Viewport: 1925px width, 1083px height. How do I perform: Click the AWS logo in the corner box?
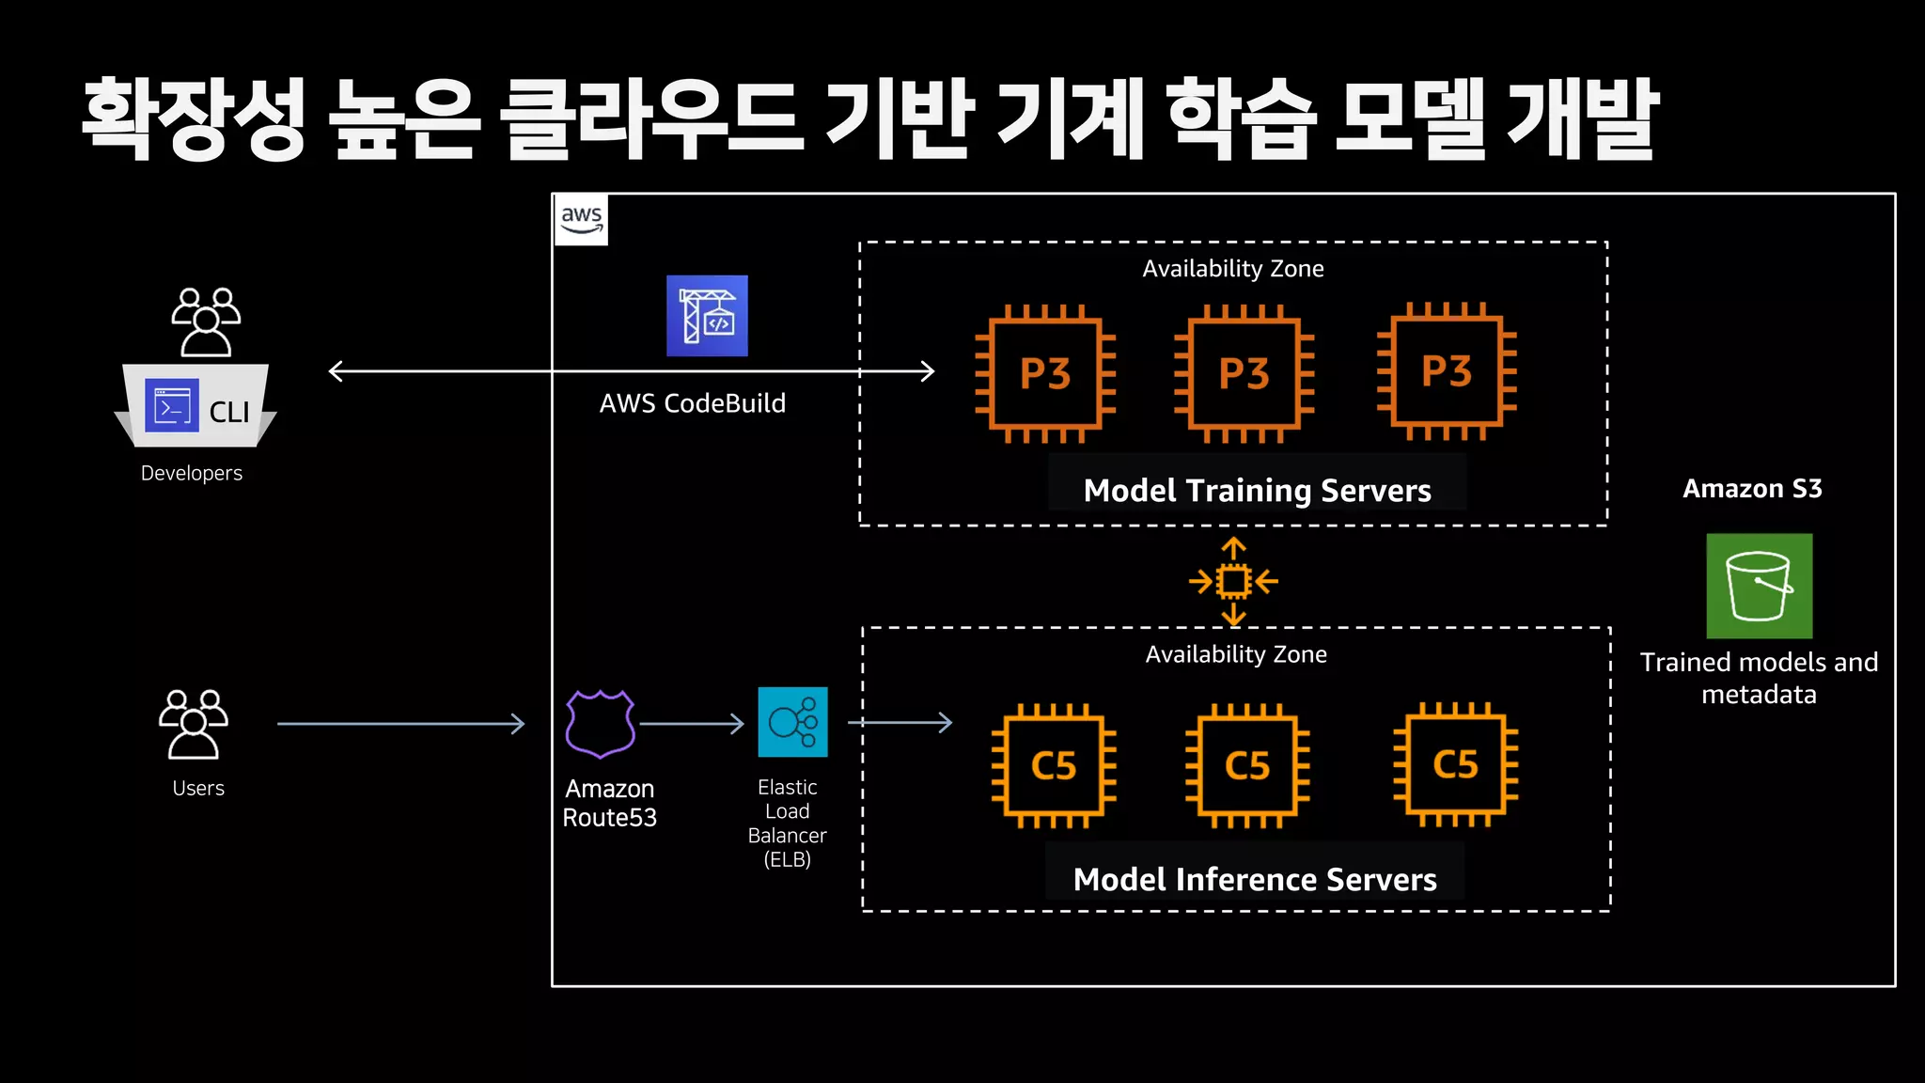point(581,220)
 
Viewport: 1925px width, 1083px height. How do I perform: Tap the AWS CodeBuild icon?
point(707,316)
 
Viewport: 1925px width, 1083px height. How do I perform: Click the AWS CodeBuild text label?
point(693,403)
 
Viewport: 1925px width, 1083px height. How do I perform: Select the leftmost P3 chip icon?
point(1045,373)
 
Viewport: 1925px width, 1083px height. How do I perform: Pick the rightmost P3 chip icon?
point(1447,371)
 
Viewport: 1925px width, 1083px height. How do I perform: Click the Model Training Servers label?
point(1257,490)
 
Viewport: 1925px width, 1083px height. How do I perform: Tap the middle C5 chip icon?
point(1247,765)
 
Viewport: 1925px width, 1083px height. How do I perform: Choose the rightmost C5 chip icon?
point(1455,764)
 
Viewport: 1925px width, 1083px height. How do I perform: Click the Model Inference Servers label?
point(1255,879)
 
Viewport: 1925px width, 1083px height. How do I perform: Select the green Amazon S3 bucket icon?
point(1759,587)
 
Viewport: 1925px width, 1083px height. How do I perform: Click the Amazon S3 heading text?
point(1752,489)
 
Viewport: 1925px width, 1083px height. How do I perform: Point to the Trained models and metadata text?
point(1759,678)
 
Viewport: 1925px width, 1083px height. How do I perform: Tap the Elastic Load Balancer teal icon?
point(792,722)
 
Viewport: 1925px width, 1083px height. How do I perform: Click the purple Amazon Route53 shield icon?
point(601,724)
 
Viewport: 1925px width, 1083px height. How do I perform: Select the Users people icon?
point(194,724)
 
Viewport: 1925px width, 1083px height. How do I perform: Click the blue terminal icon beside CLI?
point(172,406)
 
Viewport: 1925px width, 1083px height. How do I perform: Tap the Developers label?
point(192,473)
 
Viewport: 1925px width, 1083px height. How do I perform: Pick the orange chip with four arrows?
point(1233,581)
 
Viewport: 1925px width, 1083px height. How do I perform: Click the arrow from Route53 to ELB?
point(692,724)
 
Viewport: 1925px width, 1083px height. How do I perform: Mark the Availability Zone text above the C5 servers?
point(1236,654)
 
